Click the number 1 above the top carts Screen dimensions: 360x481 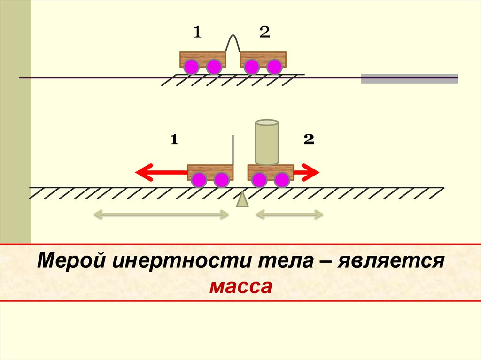pos(197,32)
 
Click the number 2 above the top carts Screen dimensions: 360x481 pos(264,32)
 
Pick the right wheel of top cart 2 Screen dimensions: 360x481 pos(274,67)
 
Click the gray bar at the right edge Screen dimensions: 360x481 pos(409,78)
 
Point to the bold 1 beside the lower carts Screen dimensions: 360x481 pos(174,139)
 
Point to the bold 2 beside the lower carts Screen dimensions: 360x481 pos(309,139)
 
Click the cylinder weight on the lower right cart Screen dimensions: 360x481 pos(267,142)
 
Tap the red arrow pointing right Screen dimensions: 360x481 pos(308,173)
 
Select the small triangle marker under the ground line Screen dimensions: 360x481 pos(242,199)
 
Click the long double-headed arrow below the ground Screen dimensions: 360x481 pos(161,214)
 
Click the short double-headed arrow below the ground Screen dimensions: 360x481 pos(289,214)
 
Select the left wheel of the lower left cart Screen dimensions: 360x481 pos(199,180)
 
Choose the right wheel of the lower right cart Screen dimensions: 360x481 pos(281,180)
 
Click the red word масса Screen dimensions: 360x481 pos(241,286)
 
